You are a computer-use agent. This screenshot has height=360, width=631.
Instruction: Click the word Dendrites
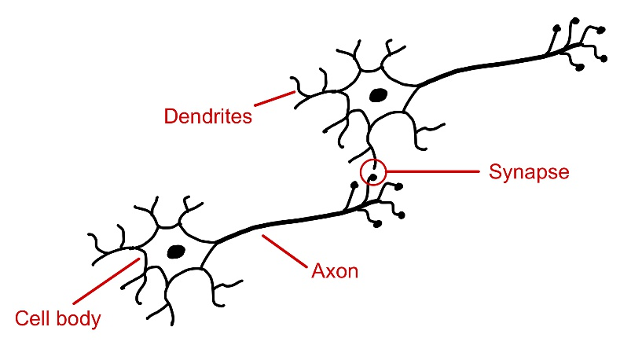pos(208,116)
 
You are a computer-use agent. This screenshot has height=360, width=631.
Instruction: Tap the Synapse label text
pos(529,173)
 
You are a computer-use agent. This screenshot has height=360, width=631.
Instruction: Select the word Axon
pos(335,271)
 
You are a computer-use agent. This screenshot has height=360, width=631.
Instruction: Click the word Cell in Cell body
pos(34,318)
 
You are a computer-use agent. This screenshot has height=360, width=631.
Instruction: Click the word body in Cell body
pos(79,319)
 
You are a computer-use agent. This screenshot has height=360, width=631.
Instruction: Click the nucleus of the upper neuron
pos(378,95)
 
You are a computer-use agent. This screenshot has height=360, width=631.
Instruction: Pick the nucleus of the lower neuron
pos(176,252)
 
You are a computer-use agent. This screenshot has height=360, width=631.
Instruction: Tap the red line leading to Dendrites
pos(274,99)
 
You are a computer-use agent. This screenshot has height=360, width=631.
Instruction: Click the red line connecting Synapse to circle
pos(433,171)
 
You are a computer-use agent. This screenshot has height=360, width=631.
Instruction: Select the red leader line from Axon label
pos(284,252)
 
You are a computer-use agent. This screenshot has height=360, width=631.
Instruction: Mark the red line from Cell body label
pos(106,281)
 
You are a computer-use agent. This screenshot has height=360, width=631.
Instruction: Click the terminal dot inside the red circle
pos(373,177)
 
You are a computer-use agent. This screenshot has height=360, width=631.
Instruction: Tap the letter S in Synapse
pos(496,171)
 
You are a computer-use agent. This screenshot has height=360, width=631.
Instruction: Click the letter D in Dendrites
pos(171,116)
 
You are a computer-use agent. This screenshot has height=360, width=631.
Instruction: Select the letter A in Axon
pos(320,271)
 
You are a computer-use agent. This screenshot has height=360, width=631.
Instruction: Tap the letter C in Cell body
pos(23,318)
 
